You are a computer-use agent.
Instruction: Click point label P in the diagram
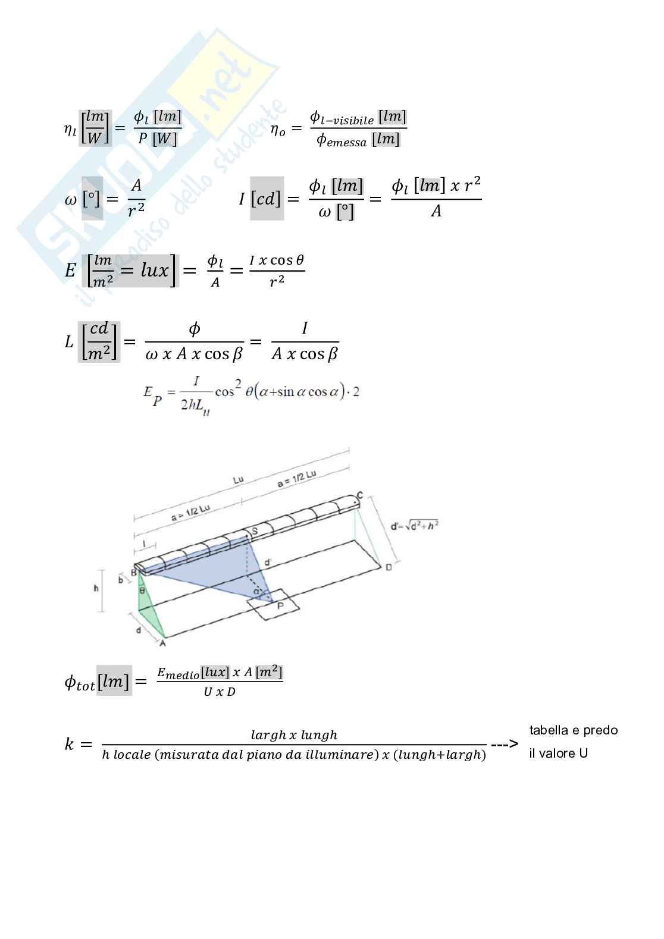point(280,606)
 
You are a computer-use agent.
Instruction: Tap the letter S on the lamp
point(255,530)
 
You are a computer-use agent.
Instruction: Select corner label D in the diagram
point(389,567)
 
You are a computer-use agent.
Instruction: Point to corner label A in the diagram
point(162,643)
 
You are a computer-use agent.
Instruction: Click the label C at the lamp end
point(359,495)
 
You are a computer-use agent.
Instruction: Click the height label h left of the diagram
point(96,588)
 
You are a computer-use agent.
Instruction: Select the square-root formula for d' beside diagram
point(415,526)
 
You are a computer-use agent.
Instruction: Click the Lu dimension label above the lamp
point(238,479)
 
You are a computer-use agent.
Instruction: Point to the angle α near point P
point(256,591)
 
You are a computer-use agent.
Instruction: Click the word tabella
point(549,730)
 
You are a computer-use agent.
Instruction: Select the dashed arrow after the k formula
point(504,744)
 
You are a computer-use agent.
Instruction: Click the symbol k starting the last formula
point(69,744)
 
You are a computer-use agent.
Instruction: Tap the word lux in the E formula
point(155,271)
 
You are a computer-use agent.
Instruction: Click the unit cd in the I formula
point(268,199)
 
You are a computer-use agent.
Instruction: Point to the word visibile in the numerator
point(353,121)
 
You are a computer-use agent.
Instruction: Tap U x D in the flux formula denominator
point(220,692)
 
